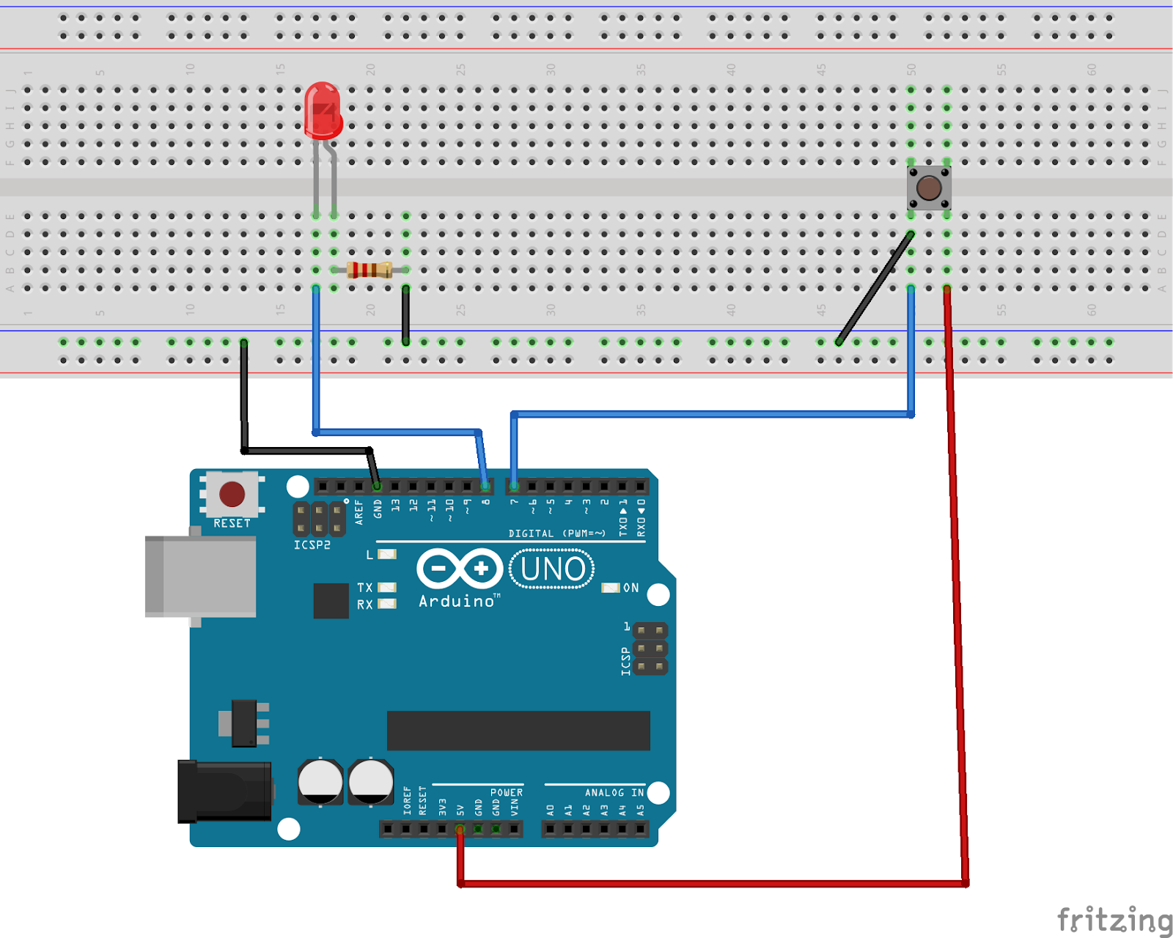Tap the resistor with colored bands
coord(369,270)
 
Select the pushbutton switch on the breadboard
coord(929,188)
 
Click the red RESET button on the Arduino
coord(232,494)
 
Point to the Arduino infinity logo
coord(460,569)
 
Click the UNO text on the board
coord(552,569)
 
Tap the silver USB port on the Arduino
coord(201,576)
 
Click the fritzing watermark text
coord(1114,920)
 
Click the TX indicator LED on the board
coord(387,588)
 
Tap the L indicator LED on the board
coord(387,554)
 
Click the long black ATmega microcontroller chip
coord(518,731)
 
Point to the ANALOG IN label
coord(614,793)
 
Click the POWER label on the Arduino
coord(507,793)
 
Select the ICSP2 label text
coord(312,545)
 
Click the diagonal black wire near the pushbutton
coord(875,288)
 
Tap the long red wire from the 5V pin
coord(957,586)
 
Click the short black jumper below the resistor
coord(405,315)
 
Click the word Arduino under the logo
coord(457,602)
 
